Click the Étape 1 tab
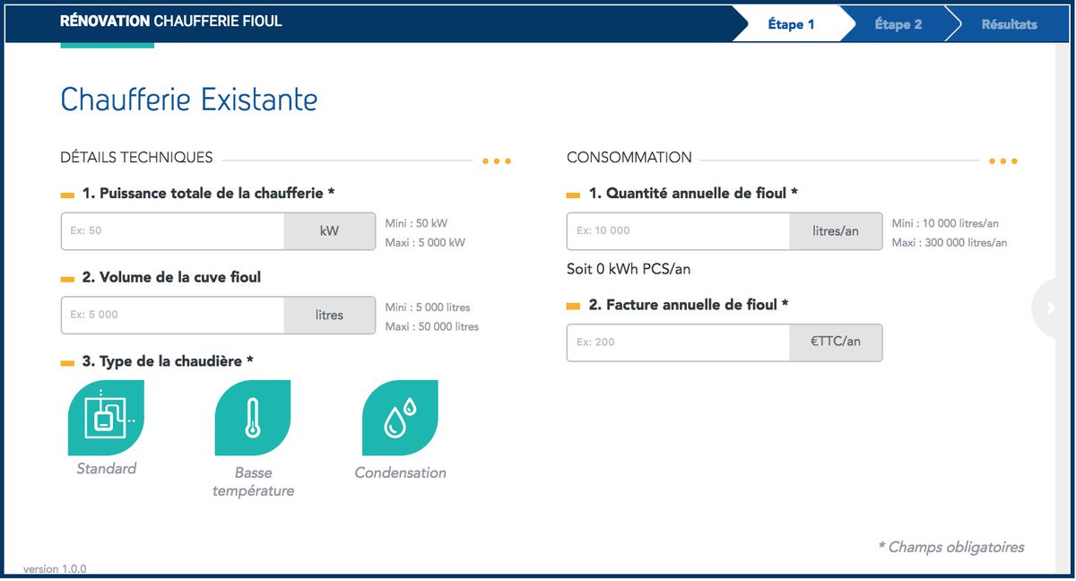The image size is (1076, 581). [791, 24]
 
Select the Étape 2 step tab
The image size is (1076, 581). [898, 24]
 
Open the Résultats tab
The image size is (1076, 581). [1009, 24]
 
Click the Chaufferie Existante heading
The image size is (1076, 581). [188, 100]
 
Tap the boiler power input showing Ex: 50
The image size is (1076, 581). [173, 230]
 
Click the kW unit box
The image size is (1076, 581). [329, 230]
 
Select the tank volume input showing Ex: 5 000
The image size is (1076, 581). [173, 315]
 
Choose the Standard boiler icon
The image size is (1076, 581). [106, 418]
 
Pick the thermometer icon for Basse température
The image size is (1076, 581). [253, 418]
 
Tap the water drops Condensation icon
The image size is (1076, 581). [400, 418]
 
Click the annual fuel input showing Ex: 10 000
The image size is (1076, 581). [679, 230]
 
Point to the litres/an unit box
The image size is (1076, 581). [835, 230]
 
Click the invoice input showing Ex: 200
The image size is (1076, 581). [679, 342]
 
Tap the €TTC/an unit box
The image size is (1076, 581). [835, 342]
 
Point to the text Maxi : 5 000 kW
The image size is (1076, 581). [425, 242]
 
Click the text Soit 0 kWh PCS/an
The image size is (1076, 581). [629, 269]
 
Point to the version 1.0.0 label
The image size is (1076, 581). [55, 569]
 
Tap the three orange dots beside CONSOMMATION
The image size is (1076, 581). [1002, 161]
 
